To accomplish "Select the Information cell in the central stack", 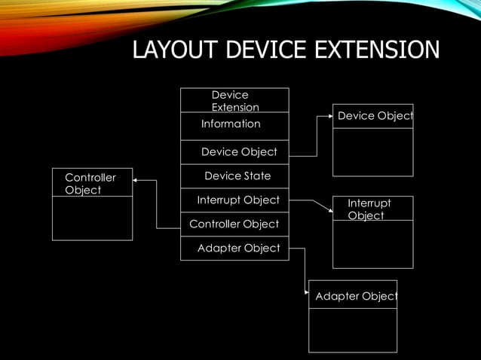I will click(x=231, y=124).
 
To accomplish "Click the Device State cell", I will click(x=237, y=176).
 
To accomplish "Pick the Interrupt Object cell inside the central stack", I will click(x=237, y=200).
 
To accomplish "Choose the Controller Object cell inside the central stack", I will click(x=234, y=224).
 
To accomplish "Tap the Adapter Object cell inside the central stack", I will click(x=238, y=248).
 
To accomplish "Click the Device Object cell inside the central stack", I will click(x=239, y=152).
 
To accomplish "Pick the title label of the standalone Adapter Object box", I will click(x=355, y=297).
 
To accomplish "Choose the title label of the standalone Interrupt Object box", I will click(x=369, y=209).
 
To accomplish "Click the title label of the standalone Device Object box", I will click(x=375, y=116).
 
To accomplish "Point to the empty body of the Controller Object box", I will click(x=92, y=218).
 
